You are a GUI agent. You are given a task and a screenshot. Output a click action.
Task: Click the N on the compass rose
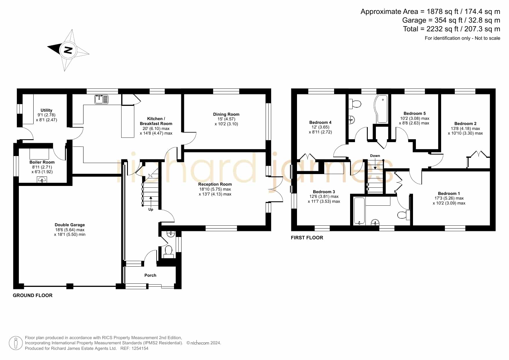pyautogui.click(x=68, y=50)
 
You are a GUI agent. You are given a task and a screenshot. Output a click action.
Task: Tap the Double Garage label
pyautogui.click(x=70, y=225)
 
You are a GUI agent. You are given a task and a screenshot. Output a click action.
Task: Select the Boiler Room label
pyautogui.click(x=42, y=162)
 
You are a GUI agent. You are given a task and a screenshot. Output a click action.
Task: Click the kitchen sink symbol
pyautogui.click(x=101, y=99)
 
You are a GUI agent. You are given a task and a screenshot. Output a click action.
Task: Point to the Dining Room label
pyautogui.click(x=226, y=114)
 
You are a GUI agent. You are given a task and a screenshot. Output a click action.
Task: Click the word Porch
pyautogui.click(x=150, y=275)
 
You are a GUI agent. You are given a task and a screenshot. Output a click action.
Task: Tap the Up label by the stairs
pyautogui.click(x=151, y=209)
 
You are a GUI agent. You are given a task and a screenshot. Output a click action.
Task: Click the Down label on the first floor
pyautogui.click(x=375, y=156)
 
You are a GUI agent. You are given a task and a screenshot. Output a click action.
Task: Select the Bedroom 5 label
pyautogui.click(x=415, y=113)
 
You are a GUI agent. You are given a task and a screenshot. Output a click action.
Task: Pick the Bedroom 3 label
pyautogui.click(x=324, y=192)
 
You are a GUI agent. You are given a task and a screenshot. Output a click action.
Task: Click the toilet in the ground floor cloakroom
pyautogui.click(x=169, y=252)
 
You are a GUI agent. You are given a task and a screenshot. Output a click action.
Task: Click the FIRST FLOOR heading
pyautogui.click(x=307, y=238)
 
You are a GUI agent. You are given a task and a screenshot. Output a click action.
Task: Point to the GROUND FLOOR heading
pyautogui.click(x=32, y=295)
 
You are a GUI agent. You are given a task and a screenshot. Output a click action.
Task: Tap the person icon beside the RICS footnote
pyautogui.click(x=16, y=343)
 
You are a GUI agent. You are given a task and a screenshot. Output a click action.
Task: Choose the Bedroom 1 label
pyautogui.click(x=449, y=193)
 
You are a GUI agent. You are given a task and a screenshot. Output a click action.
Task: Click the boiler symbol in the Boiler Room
pyautogui.click(x=42, y=180)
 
